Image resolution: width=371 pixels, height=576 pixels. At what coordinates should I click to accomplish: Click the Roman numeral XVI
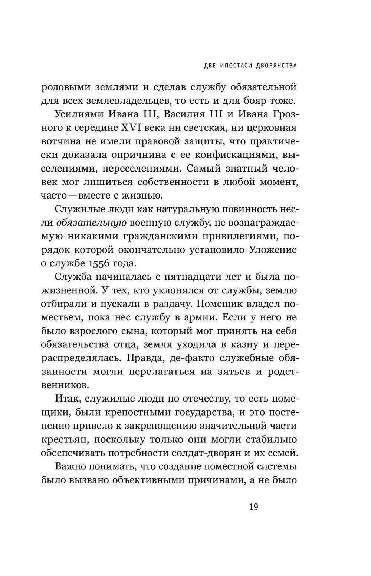point(129,128)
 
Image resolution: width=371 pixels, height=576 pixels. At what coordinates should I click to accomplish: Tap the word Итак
point(68,399)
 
